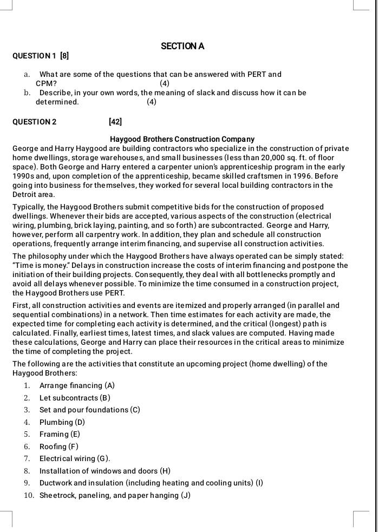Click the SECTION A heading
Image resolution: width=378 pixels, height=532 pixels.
(x=183, y=47)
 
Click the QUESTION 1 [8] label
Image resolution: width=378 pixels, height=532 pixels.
(x=41, y=56)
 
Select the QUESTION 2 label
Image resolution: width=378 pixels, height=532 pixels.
(x=34, y=122)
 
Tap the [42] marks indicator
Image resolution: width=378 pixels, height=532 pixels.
(x=115, y=122)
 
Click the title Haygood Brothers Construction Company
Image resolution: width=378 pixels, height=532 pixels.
(x=182, y=139)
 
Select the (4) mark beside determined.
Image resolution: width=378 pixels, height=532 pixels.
(x=152, y=102)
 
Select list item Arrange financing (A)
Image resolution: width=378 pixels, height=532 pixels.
(x=77, y=385)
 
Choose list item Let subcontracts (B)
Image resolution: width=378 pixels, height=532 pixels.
(x=75, y=398)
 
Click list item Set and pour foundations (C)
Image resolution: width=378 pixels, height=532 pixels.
(x=89, y=410)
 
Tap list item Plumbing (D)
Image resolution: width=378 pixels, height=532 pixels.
(x=62, y=422)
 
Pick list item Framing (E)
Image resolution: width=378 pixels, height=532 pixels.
(x=60, y=434)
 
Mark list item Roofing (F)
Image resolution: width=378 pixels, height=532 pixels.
(x=58, y=446)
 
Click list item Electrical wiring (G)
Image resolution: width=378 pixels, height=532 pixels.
(x=75, y=458)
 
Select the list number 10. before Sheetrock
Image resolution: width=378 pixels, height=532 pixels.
(x=29, y=495)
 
